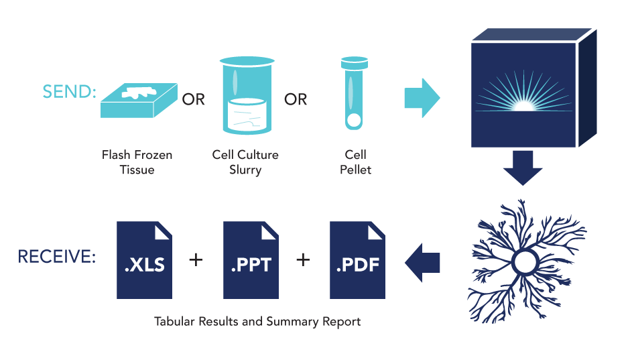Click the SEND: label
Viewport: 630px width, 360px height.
(x=69, y=92)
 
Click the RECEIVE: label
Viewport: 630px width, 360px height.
(x=56, y=257)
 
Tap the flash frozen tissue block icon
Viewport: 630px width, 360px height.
(x=139, y=100)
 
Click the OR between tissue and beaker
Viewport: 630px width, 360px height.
(x=194, y=100)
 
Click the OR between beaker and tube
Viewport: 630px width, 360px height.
(x=296, y=100)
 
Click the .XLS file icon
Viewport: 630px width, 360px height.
(x=144, y=260)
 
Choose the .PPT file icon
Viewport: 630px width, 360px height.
(x=251, y=260)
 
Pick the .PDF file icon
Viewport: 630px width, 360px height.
(x=357, y=260)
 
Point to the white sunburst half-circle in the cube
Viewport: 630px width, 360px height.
(x=523, y=105)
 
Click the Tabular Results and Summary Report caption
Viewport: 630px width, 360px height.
(x=257, y=322)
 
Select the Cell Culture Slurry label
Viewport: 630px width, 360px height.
(x=245, y=162)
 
